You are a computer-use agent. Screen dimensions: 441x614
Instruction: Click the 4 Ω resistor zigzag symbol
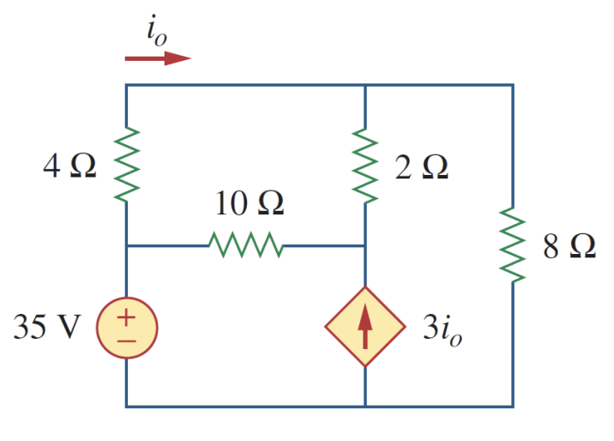point(127,165)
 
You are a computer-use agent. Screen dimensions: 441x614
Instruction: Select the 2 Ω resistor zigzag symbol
point(366,166)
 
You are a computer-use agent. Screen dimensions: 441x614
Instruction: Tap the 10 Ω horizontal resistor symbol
point(246,245)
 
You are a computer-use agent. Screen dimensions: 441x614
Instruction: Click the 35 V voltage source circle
point(126,328)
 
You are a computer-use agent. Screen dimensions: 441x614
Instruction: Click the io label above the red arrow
point(156,32)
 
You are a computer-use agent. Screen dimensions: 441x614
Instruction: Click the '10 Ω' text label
point(250,204)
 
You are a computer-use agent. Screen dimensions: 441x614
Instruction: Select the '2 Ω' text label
point(421,166)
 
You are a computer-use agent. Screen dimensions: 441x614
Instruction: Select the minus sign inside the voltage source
point(126,340)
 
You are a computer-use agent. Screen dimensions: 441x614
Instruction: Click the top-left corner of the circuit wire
point(127,85)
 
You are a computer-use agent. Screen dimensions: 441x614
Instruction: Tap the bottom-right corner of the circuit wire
point(513,406)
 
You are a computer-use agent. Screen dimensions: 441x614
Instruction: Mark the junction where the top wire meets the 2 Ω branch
point(366,85)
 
